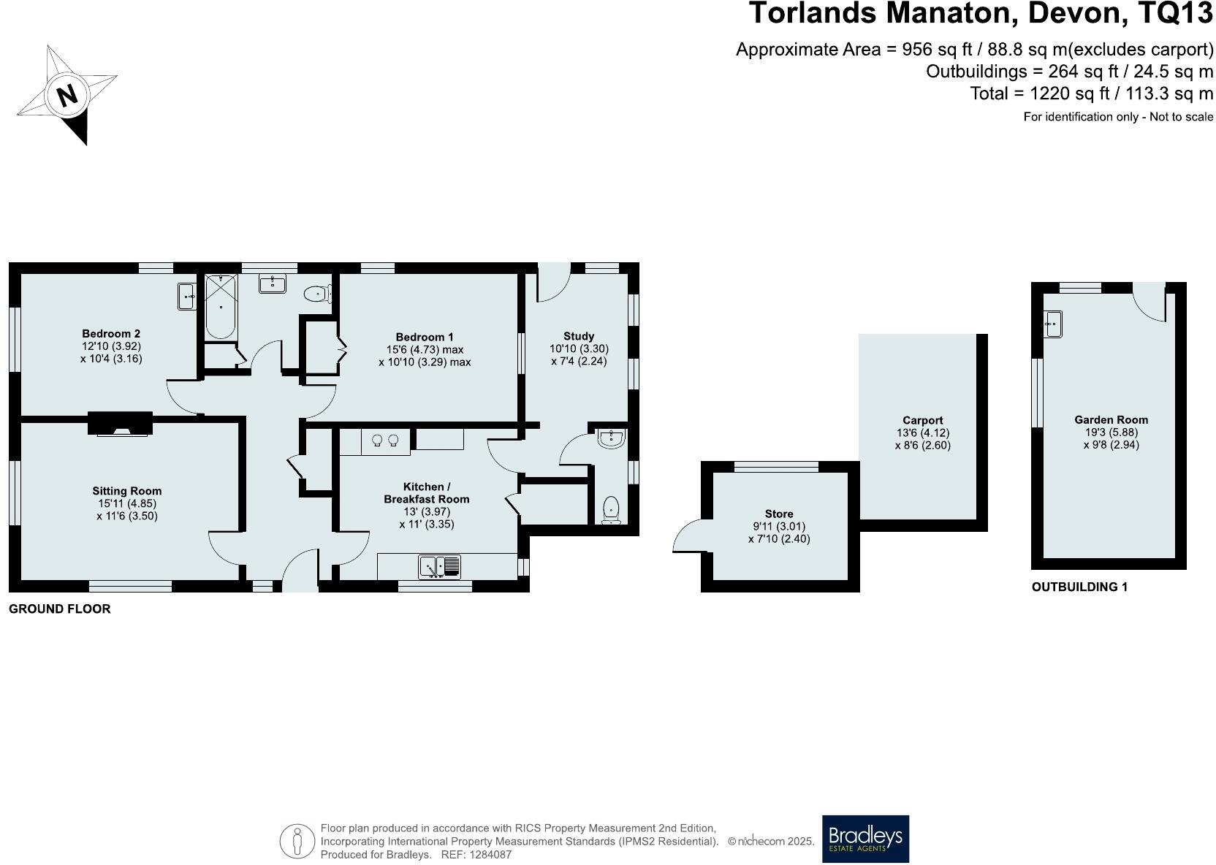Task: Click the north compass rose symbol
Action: (67, 94)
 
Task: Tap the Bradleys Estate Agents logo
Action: (865, 839)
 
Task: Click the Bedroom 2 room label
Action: (111, 335)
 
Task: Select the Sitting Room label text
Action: (127, 491)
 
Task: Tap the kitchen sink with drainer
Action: (440, 567)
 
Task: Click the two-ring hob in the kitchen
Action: (385, 440)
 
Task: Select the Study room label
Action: (579, 337)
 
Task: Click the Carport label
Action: (922, 421)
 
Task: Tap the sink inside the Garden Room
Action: (1052, 324)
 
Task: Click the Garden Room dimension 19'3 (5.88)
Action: (1111, 432)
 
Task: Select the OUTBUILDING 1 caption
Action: (1079, 587)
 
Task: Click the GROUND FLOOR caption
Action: (60, 609)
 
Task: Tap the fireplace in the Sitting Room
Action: (121, 424)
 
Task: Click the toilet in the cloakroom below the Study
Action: (611, 508)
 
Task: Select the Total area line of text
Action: (1091, 94)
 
